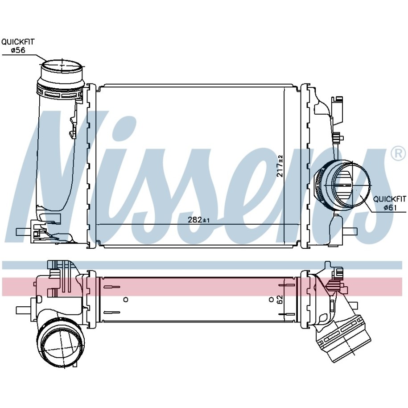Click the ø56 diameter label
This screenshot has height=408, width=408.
point(18,50)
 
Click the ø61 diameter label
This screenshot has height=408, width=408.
point(390,207)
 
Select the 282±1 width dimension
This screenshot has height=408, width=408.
point(199,220)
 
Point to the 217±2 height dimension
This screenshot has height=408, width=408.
point(280,166)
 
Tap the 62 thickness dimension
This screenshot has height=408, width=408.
point(280,300)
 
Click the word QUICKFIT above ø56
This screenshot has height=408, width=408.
point(18,42)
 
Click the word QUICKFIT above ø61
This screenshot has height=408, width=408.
point(390,199)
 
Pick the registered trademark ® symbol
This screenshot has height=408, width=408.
point(398,154)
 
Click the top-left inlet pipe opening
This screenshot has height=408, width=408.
point(62,68)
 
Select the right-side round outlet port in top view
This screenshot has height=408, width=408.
point(352,185)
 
